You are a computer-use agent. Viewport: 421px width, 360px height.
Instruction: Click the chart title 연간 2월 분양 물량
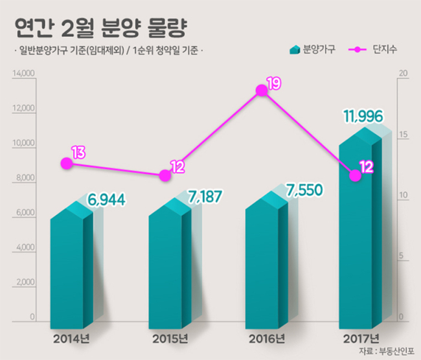[100, 28]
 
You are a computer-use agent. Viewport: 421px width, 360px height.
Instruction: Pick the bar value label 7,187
[205, 196]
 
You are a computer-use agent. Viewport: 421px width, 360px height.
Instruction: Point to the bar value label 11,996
[363, 117]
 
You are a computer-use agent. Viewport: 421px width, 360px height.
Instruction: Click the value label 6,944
[107, 200]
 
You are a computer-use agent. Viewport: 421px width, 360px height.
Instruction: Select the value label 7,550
[304, 190]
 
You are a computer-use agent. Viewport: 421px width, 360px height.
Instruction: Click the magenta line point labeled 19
[262, 90]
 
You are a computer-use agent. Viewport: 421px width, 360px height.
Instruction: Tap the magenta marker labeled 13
[67, 163]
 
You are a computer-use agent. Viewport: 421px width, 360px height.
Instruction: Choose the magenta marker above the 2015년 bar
[165, 175]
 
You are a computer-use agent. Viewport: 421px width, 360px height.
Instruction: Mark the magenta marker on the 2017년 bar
[356, 175]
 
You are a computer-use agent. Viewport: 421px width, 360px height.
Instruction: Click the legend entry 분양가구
[313, 49]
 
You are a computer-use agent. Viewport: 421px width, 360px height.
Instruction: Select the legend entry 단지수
[372, 49]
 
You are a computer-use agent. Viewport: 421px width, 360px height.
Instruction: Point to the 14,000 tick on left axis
[23, 73]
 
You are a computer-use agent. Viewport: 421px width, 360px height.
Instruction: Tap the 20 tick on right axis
[403, 73]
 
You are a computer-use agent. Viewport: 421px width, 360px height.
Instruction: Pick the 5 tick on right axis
[401, 256]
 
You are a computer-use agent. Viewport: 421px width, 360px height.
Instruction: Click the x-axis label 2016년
[267, 339]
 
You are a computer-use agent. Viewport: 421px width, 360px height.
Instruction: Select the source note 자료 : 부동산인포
[387, 351]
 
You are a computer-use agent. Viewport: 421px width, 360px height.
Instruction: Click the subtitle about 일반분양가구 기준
[108, 51]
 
